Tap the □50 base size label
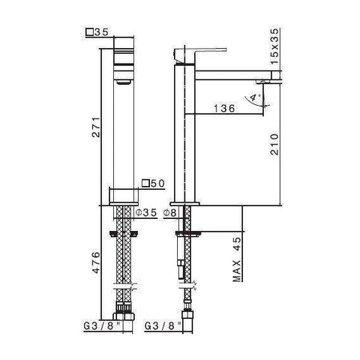point(152,182)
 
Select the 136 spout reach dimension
point(223,108)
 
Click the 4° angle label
point(257,97)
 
